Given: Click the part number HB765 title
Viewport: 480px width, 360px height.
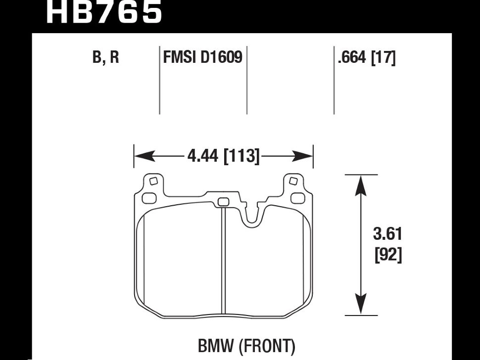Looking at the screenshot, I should [x=104, y=12].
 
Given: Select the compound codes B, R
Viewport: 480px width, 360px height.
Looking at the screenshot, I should [x=105, y=58].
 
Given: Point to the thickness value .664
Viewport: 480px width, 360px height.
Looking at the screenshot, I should [x=351, y=58].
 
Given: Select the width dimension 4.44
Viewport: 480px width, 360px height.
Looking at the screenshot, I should [x=204, y=157].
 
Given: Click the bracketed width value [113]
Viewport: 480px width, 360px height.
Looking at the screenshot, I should [x=242, y=157].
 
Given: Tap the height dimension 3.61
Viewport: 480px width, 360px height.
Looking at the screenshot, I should [x=387, y=234].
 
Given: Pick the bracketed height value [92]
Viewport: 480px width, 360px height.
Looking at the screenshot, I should [x=387, y=256].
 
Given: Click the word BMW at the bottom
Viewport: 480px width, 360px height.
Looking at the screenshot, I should [x=218, y=346].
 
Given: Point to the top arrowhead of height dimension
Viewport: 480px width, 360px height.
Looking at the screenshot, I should [x=361, y=182].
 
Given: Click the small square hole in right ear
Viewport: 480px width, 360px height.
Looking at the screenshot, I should [x=293, y=180].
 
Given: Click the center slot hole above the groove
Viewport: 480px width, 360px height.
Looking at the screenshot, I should [x=224, y=201].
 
